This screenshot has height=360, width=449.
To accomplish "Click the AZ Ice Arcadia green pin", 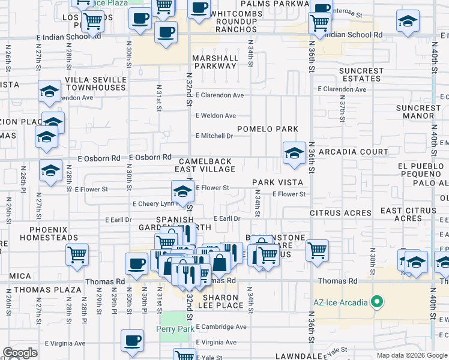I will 377,301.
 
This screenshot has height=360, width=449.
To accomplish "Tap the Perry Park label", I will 173,329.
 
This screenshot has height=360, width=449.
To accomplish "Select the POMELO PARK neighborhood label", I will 268,129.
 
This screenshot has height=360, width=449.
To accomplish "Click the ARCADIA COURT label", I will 354,152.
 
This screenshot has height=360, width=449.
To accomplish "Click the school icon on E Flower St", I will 182,191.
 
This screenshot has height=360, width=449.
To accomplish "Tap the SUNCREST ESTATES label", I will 361,74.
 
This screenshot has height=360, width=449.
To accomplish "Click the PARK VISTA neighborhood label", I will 277,182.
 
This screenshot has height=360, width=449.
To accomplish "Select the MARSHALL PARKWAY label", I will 214,62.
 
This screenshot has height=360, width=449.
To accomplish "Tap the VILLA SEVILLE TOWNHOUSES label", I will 95,83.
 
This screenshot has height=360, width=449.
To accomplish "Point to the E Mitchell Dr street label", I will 214,136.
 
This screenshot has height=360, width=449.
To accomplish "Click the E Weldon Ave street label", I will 215,115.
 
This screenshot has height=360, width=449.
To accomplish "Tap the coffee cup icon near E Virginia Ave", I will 132,340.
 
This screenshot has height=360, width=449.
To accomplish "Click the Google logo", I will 20,353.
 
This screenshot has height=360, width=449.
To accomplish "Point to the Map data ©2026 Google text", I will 411,355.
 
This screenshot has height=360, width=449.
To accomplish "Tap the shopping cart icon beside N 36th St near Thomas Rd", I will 317,249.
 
